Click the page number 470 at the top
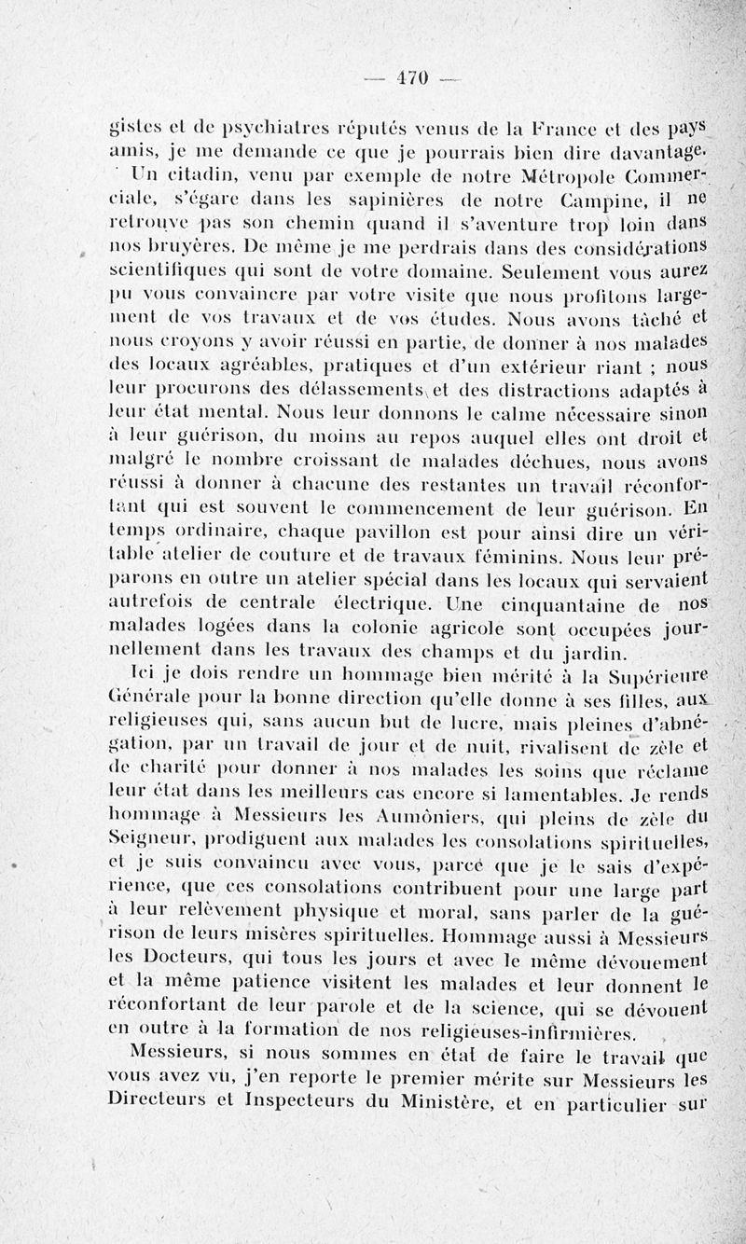410,78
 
